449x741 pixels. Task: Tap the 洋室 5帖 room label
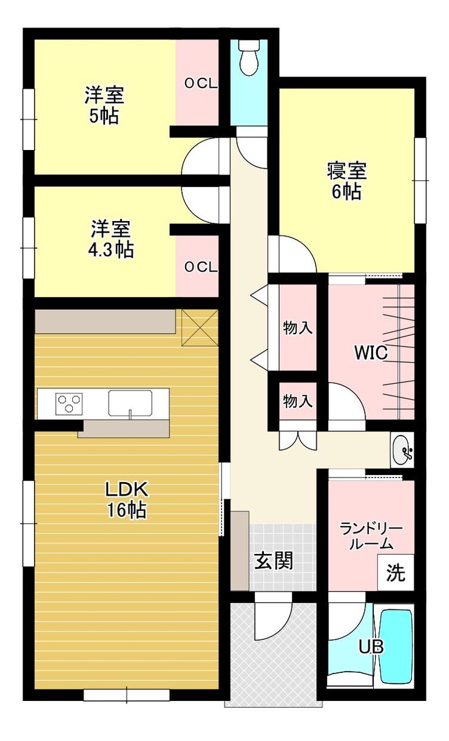[104, 105]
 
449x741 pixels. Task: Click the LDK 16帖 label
[127, 500]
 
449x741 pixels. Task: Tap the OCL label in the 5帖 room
[201, 84]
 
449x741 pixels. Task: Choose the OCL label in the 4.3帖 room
[201, 267]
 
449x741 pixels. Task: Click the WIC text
[371, 353]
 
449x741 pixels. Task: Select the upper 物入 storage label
[298, 328]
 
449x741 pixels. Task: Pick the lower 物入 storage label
[298, 401]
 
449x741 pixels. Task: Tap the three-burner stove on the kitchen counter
[69, 403]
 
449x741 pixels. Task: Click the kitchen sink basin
[130, 403]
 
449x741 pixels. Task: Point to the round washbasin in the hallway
[402, 449]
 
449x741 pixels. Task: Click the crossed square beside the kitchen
[200, 328]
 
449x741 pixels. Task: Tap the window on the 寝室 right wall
[420, 180]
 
